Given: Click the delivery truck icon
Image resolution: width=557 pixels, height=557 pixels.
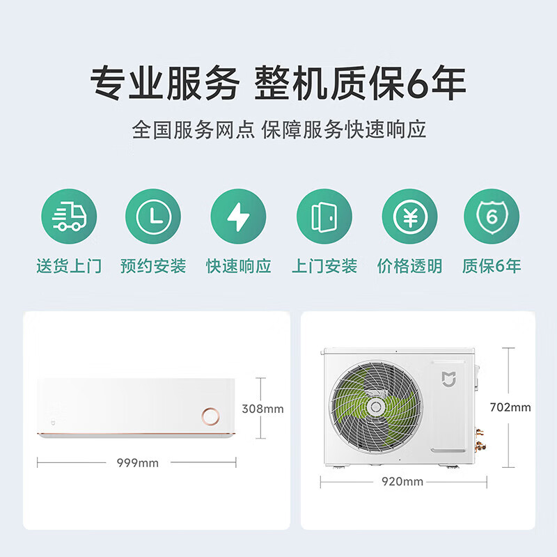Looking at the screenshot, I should pos(69,217).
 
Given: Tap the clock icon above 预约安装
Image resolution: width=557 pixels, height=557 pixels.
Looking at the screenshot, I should pos(153,217).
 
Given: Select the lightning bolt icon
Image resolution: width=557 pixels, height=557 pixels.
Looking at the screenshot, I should pos(238,217).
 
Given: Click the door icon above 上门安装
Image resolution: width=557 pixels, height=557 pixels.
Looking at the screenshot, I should pos(324,217).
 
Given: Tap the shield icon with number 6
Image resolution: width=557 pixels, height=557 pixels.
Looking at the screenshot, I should pos(492,217).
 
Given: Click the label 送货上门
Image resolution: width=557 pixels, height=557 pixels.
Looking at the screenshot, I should pos(69,265).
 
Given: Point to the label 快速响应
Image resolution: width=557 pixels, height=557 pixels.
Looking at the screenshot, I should pos(238,265).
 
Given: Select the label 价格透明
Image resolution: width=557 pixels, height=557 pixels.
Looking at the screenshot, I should pos(409,265).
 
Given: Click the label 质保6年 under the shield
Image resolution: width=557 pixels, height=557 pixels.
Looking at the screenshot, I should pos(492,265).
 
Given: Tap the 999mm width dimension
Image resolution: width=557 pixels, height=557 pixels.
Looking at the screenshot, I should pos(137,462).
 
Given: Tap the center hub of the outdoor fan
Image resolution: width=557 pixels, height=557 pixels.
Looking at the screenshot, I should pos(377,406).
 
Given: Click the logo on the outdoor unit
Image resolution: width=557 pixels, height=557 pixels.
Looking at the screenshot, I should pos(449,379).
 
